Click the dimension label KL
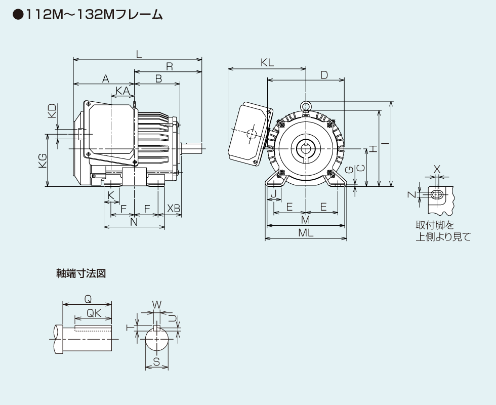pos(267,62)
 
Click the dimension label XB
pos(173,208)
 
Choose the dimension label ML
pos(306,233)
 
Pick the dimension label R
pos(169,65)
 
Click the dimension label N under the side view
pos(134,222)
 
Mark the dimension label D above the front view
pos(324,75)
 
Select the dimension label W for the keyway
pos(156,304)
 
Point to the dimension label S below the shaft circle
pos(156,361)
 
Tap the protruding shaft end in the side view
pos(192,148)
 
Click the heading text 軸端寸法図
pos(80,273)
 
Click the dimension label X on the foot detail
pos(437,169)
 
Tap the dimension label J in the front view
pos(273,194)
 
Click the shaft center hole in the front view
pos(306,148)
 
